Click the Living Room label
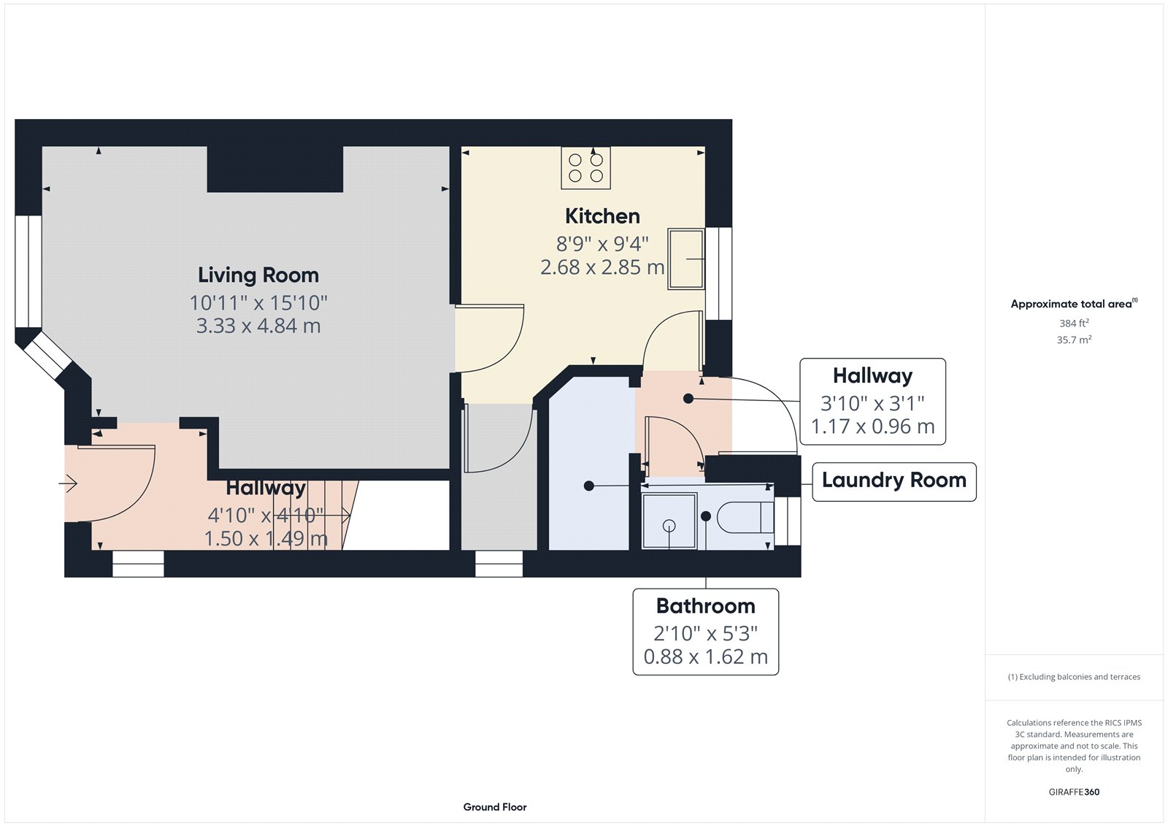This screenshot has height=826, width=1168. pos(258,275)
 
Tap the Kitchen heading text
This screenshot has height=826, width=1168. pos(602,216)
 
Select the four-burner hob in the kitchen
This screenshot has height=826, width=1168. pos(585,168)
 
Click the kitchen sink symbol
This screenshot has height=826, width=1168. pos(686,259)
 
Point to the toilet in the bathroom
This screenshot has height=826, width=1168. pos(745,518)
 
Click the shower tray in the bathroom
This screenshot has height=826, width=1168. pos(669,521)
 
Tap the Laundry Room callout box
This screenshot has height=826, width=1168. pos(894,481)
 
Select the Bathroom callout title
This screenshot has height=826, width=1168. pos(705,606)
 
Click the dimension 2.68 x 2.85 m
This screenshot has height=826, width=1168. pos(602,267)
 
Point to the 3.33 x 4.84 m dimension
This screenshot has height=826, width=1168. pos(258,326)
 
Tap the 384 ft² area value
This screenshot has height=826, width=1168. pos(1074,323)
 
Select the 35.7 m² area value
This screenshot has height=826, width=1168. pos(1074,340)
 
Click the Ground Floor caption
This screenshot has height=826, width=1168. pos(494,807)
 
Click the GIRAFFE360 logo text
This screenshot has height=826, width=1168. pos(1074,792)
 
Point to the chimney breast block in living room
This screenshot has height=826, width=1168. pos(274,169)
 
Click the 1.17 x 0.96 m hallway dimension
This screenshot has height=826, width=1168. pos(872,427)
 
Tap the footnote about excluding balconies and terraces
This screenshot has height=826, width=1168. pos(1074,677)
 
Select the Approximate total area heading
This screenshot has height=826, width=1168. pos(1072,304)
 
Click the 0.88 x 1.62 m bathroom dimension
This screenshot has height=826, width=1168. pos(705,657)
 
